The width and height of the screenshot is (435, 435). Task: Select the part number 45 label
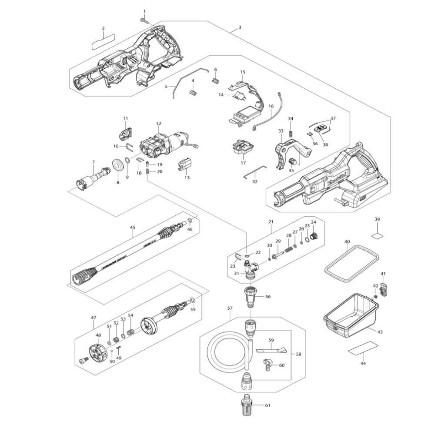133,227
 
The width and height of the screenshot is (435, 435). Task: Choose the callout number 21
271,222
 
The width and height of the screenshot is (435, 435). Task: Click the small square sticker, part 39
377,235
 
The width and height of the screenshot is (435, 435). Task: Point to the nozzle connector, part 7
92,179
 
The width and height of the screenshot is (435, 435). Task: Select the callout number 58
298,354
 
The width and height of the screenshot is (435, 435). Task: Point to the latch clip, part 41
383,289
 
